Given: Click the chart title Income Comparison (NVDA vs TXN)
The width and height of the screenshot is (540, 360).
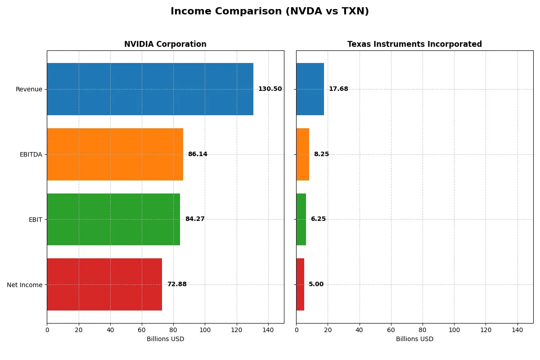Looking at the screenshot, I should point(270,12).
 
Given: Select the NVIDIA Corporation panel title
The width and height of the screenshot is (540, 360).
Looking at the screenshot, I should point(165,45).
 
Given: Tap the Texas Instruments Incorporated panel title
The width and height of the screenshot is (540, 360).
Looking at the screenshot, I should point(414,45).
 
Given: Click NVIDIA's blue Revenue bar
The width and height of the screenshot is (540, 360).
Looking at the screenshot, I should point(150,89).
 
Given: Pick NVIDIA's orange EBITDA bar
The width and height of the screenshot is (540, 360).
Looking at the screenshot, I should point(115,154).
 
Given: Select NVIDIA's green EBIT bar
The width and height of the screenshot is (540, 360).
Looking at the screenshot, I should point(113,219).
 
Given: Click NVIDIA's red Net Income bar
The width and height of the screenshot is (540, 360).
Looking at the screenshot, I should point(104,284).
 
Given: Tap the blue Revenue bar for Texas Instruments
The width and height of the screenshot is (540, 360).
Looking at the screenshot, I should point(310,89).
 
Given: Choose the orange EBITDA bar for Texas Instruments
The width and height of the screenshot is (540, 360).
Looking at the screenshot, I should point(302,154).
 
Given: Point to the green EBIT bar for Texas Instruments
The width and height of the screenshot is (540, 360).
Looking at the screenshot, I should point(301,219).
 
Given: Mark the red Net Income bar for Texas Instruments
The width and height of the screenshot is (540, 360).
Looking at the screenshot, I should point(300,284).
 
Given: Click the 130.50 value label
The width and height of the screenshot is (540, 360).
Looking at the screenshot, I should point(270,89).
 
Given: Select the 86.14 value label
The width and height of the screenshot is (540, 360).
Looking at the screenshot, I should point(198,154).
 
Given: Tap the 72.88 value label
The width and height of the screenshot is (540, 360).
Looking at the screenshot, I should point(177,284).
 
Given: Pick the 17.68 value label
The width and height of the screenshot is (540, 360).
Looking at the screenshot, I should point(338,89).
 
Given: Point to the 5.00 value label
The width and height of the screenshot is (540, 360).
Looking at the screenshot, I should point(316,284).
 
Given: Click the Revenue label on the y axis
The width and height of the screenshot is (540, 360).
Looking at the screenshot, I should point(29,89).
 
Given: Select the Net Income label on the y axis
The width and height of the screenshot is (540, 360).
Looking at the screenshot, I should point(25,284).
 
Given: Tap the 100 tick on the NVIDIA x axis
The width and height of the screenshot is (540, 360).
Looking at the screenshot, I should point(205,330).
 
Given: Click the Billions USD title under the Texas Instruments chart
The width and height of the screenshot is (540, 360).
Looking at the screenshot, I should point(414,339).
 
